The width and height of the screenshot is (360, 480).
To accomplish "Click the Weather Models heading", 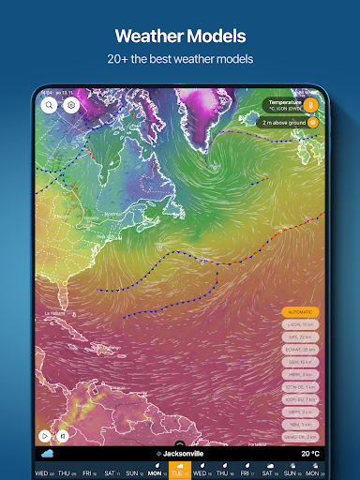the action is coord(179,37).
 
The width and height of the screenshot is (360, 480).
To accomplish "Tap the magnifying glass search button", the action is coord(49,106).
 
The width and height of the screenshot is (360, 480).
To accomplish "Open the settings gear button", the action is coord(70,106).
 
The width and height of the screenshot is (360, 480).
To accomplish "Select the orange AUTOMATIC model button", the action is coord(300,311).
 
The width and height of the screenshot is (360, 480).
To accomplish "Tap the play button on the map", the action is coord(44,435).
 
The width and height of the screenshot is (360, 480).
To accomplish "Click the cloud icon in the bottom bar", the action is coord(47,454).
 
